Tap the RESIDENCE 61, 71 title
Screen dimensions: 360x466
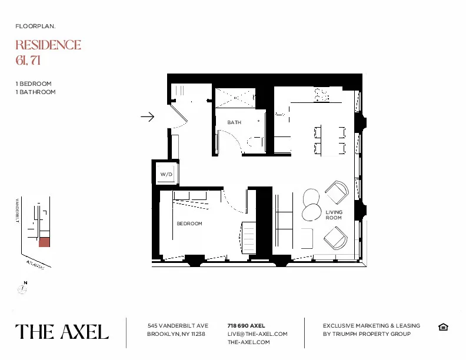(48, 52)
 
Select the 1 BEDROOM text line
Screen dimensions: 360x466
(34, 84)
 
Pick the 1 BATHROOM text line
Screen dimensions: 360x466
(36, 92)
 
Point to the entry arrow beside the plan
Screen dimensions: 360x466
(147, 117)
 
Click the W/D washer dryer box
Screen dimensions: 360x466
(166, 175)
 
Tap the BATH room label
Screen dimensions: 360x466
(234, 122)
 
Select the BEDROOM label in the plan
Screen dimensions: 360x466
(189, 224)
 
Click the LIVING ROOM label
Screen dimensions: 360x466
(334, 215)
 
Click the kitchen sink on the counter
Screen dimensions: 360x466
(321, 95)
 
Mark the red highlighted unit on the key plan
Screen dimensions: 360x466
(44, 242)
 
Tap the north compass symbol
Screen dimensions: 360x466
(22, 289)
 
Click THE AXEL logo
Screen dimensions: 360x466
(62, 332)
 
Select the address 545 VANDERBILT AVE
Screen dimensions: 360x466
(178, 325)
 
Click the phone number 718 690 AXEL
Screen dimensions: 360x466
(246, 325)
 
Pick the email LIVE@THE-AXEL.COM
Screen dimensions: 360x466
(257, 334)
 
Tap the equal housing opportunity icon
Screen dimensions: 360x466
(443, 327)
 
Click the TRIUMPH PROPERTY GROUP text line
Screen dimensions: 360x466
(367, 334)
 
